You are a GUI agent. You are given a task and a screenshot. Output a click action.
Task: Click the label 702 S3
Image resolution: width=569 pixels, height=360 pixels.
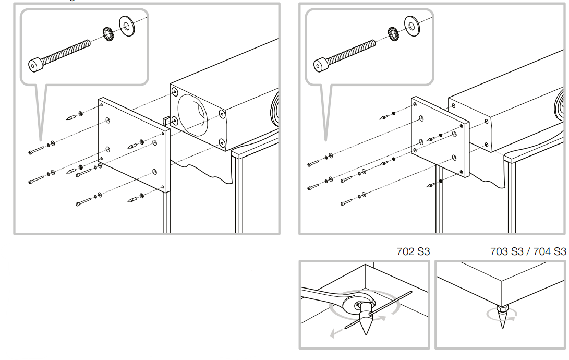413,251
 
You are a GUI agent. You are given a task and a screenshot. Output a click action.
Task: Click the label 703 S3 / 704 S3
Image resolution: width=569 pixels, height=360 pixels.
528,251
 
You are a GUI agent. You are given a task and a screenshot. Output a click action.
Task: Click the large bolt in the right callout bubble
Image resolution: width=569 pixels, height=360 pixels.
344,54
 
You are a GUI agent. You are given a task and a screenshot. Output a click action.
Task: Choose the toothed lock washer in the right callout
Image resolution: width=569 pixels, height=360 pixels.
394,35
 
